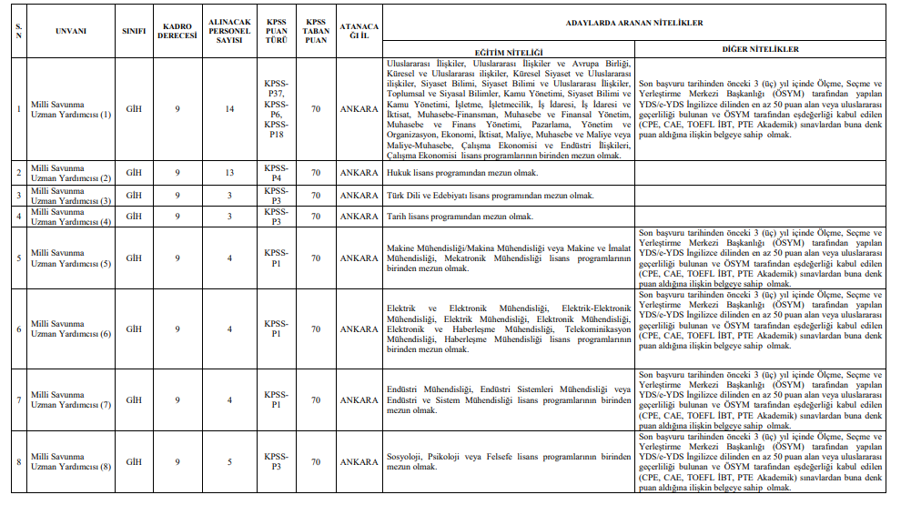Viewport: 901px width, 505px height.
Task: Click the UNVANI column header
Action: pos(71,30)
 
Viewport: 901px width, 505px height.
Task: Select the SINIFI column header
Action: pos(134,30)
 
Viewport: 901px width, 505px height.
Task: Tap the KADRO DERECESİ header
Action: pos(177,30)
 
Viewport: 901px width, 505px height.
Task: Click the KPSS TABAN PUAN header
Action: pos(316,30)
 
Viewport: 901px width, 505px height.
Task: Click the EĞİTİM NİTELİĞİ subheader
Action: pos(509,52)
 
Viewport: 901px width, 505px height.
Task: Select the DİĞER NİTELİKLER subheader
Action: pos(760,48)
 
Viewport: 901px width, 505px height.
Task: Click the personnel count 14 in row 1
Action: pos(229,109)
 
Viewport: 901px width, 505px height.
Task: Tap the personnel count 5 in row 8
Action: pos(229,462)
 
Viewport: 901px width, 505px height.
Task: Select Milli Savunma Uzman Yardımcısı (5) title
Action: pos(71,258)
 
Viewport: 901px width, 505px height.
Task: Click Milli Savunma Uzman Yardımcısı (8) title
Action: pos(71,462)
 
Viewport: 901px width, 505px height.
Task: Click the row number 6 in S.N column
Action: pos(19,328)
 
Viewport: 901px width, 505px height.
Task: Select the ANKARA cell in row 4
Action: pos(359,217)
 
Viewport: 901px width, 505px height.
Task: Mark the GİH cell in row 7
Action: pos(134,400)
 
